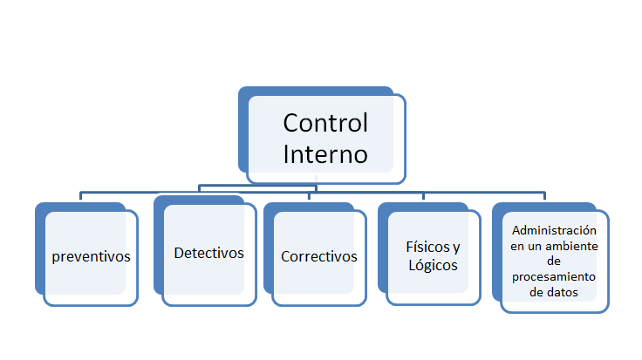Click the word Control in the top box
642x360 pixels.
(x=325, y=123)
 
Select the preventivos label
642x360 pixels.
(x=91, y=257)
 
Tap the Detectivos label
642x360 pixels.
(x=208, y=254)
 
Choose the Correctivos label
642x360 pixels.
(x=319, y=257)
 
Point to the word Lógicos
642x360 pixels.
(x=433, y=264)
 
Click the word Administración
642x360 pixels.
(x=555, y=231)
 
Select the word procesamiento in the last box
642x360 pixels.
(x=555, y=277)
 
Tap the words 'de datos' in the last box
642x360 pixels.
(x=555, y=293)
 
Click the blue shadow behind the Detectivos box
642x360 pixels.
(x=158, y=244)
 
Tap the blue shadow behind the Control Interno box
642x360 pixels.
(x=243, y=131)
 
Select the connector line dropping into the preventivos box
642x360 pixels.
(x=81, y=196)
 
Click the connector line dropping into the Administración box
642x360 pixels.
(x=544, y=197)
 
